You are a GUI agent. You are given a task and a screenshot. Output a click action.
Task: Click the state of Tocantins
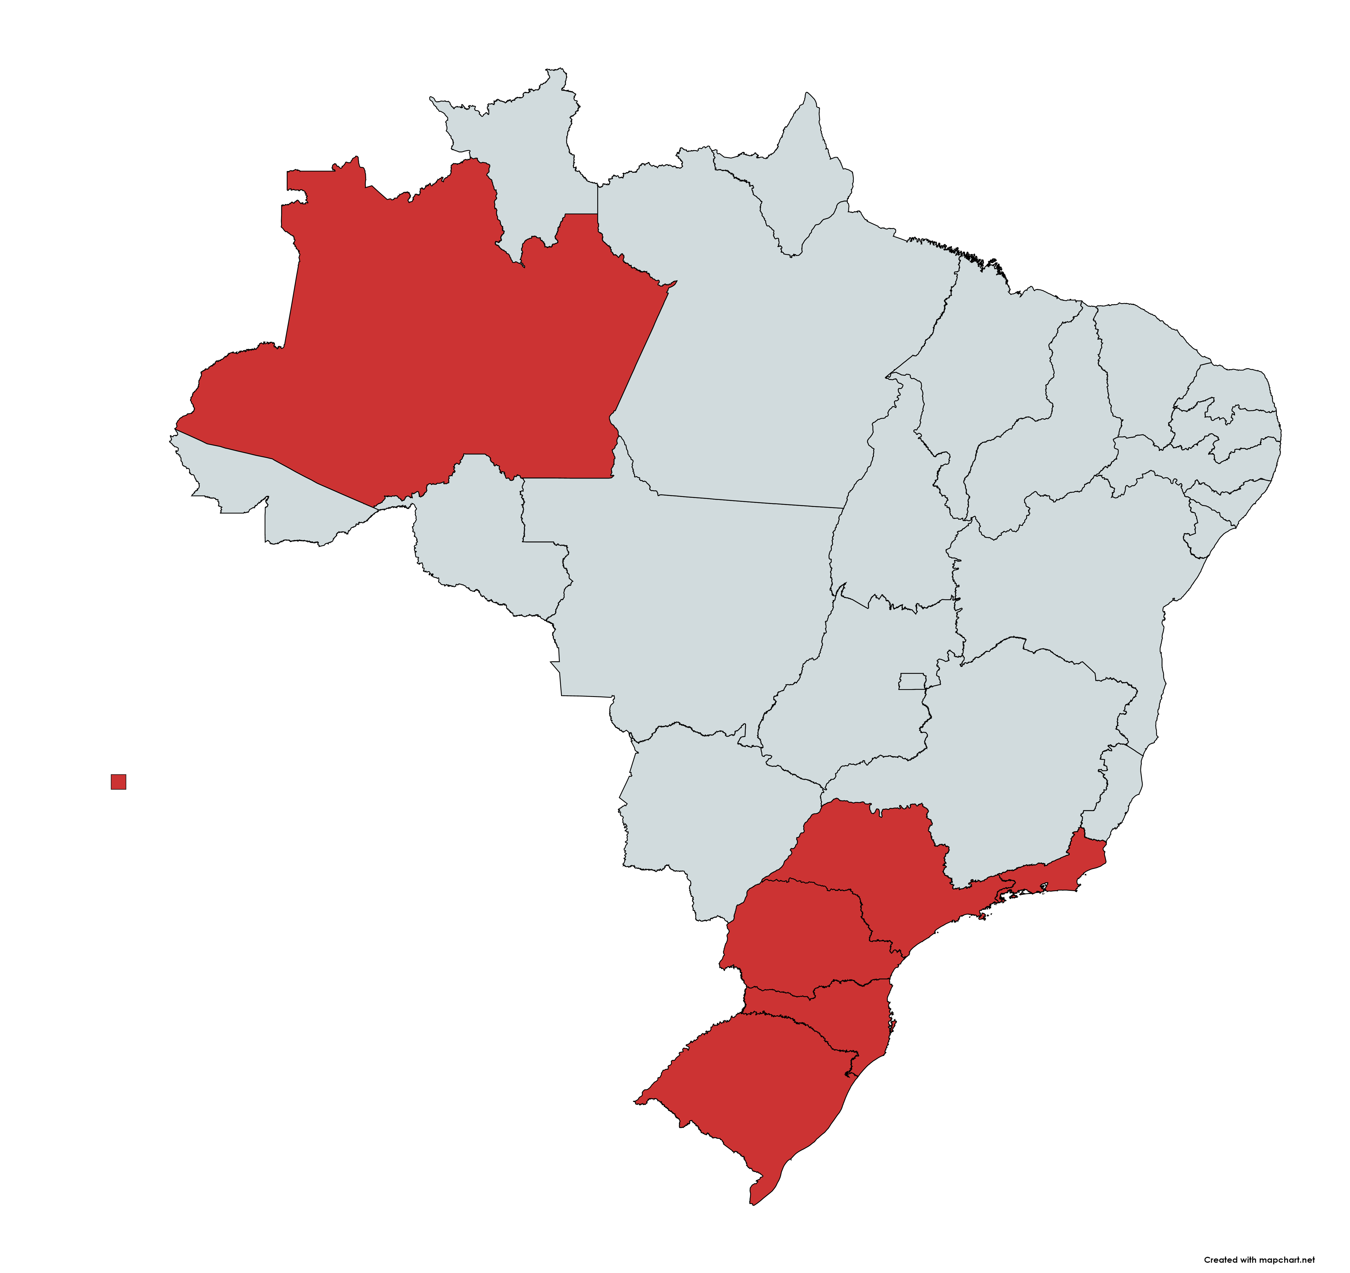(x=890, y=516)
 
